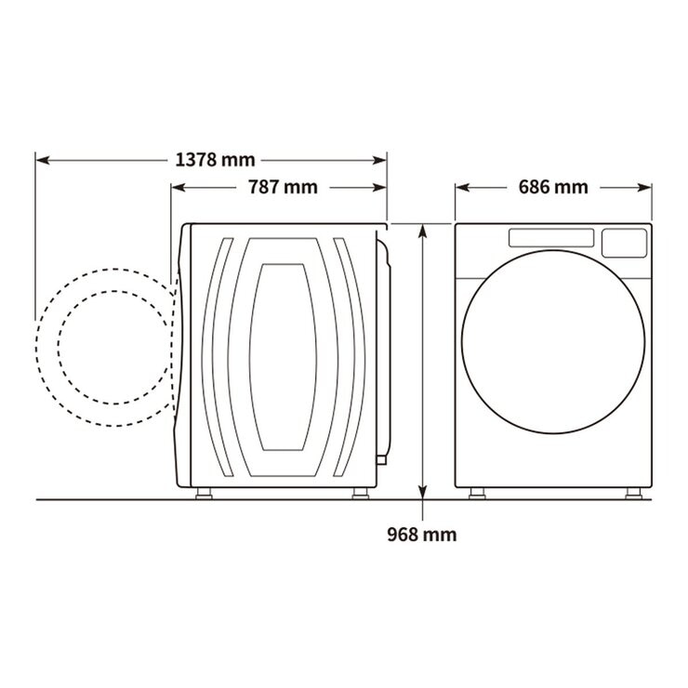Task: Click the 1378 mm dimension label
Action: click(215, 160)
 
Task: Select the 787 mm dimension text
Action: click(283, 188)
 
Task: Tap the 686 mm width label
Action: click(553, 188)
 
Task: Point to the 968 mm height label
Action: click(422, 535)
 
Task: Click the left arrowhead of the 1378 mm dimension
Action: click(42, 160)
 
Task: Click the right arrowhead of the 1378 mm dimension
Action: click(379, 160)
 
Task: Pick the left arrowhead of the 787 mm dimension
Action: click(178, 188)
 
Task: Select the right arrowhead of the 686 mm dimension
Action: click(644, 188)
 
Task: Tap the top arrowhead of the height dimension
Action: click(422, 231)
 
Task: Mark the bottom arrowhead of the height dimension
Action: click(422, 492)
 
